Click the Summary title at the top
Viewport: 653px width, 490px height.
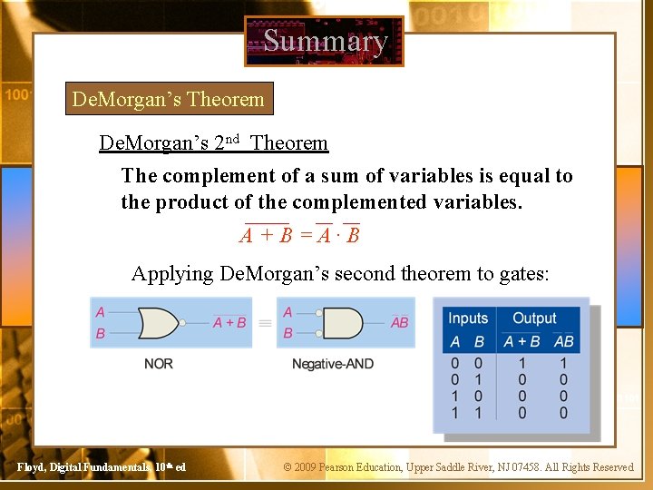(325, 41)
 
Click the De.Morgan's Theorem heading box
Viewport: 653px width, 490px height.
(168, 99)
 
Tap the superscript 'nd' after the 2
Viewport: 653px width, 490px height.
(232, 139)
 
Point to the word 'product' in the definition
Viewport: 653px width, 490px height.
(194, 201)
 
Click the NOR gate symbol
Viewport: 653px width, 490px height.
(158, 322)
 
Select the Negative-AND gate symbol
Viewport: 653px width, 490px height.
(341, 322)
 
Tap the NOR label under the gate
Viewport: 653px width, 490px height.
(158, 364)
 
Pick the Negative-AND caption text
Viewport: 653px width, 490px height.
(332, 364)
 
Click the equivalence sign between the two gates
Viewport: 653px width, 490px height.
(265, 322)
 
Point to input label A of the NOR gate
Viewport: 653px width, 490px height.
(100, 312)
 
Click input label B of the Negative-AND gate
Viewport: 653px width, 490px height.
(288, 333)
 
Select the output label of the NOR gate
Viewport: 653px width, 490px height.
(229, 322)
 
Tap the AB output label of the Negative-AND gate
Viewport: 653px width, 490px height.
(399, 322)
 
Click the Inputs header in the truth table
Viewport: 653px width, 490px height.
(468, 318)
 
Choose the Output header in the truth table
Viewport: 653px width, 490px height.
(534, 318)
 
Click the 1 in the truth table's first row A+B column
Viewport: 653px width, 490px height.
(521, 364)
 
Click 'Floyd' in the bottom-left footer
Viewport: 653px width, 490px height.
(31, 467)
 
